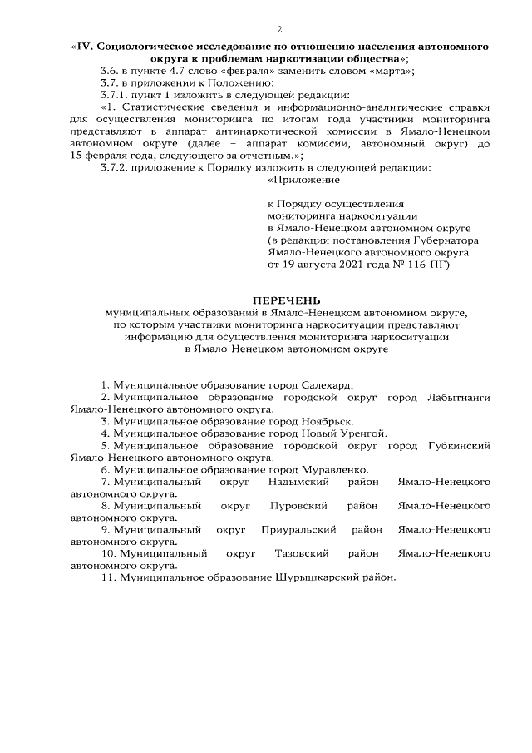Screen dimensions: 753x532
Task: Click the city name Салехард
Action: (323, 386)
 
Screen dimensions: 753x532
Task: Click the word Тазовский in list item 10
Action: (303, 553)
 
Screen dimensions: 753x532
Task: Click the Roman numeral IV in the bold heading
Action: (86, 48)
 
